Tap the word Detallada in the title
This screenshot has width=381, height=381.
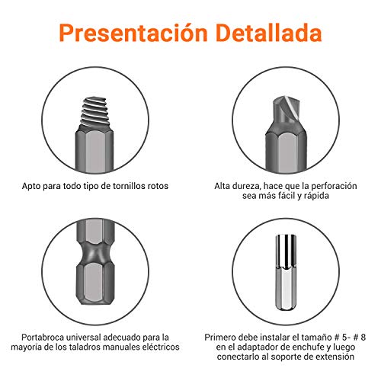[x=262, y=34]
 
